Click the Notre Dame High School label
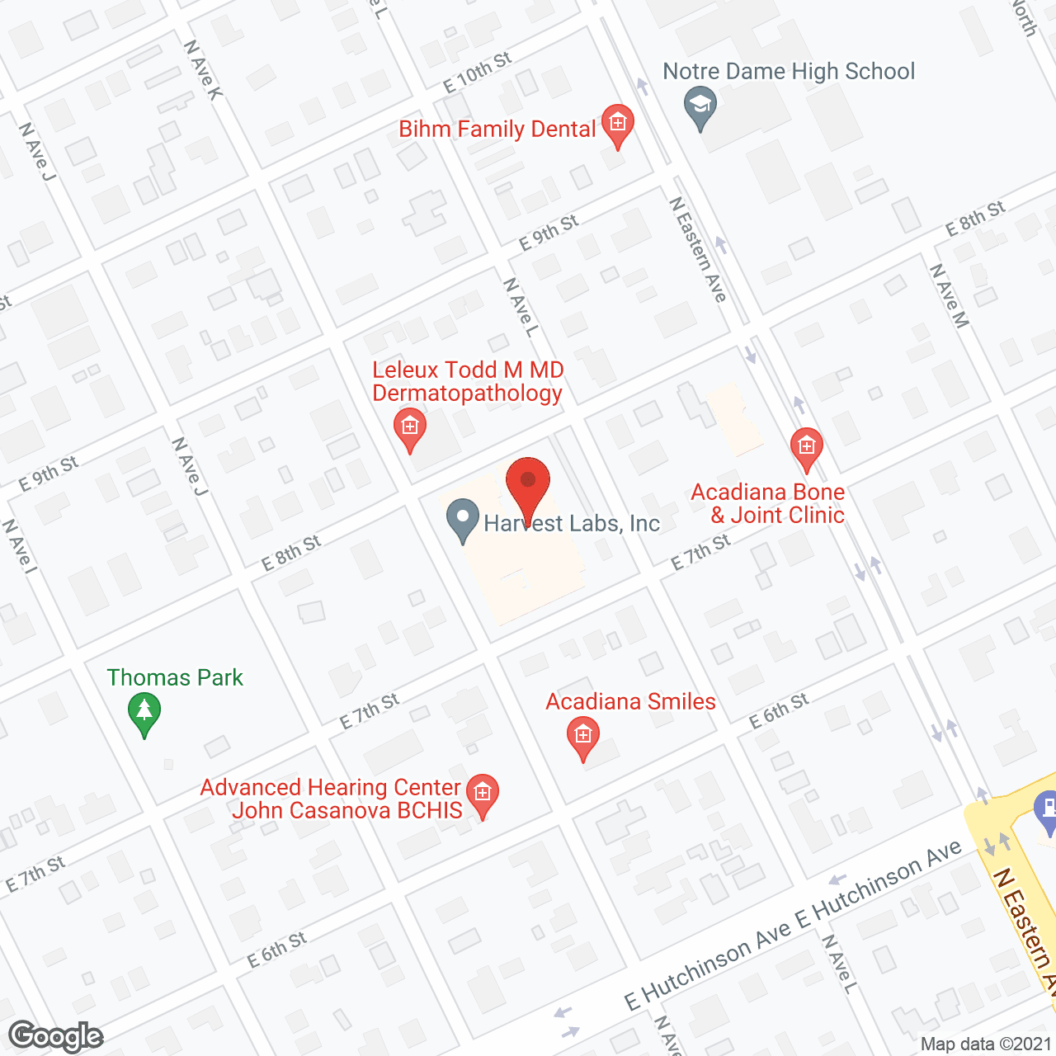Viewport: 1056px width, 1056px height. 789,72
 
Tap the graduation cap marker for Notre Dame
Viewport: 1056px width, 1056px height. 700,107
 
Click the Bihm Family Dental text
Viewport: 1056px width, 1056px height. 497,130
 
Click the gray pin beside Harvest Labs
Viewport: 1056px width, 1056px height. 463,521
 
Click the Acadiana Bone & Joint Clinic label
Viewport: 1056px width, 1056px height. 768,503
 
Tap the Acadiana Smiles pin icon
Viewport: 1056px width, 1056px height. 583,736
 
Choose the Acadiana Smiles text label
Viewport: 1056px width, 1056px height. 631,702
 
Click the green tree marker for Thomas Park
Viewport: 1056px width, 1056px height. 144,714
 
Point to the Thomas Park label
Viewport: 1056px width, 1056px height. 175,678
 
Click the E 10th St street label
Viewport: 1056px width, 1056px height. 477,73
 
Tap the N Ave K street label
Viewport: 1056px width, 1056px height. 203,70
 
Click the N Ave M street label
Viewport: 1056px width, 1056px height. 949,295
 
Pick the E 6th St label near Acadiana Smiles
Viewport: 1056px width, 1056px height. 778,711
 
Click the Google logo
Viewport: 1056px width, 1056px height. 55,1036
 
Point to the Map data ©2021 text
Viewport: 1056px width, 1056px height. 986,1044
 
